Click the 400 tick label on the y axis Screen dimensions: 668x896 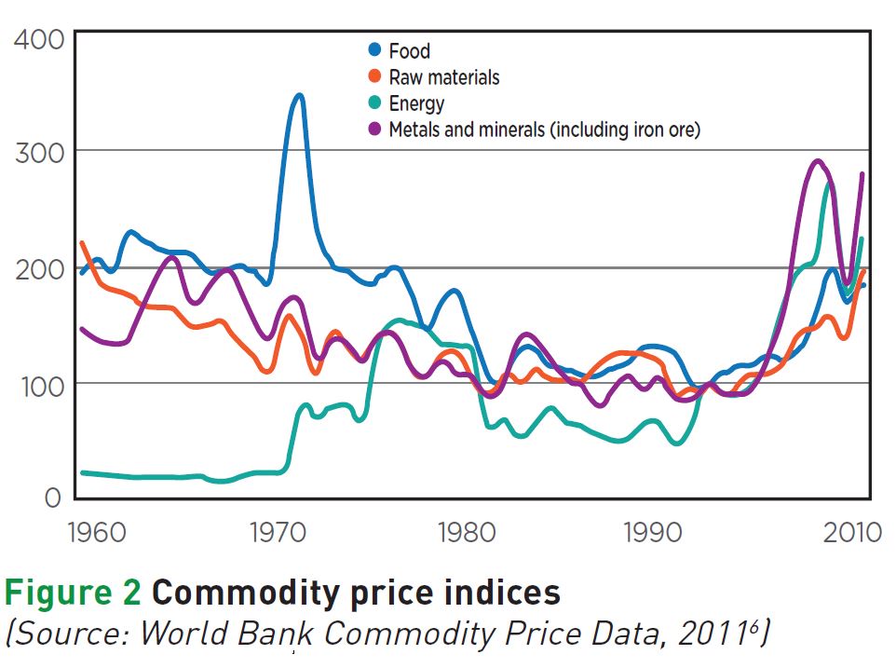(x=38, y=40)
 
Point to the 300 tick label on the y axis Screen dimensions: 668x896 (x=38, y=152)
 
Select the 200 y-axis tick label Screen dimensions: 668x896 (x=38, y=269)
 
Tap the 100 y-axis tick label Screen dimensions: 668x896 (x=38, y=384)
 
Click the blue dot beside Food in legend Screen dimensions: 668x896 (x=374, y=50)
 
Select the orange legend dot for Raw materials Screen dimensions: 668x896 (x=374, y=77)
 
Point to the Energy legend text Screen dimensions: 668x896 (x=416, y=104)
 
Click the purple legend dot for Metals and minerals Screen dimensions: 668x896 (x=374, y=130)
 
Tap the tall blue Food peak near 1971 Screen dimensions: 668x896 (x=298, y=95)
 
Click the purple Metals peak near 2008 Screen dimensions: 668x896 (x=818, y=161)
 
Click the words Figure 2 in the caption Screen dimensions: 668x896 (x=73, y=593)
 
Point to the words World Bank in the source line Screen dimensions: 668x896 (x=278, y=634)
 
